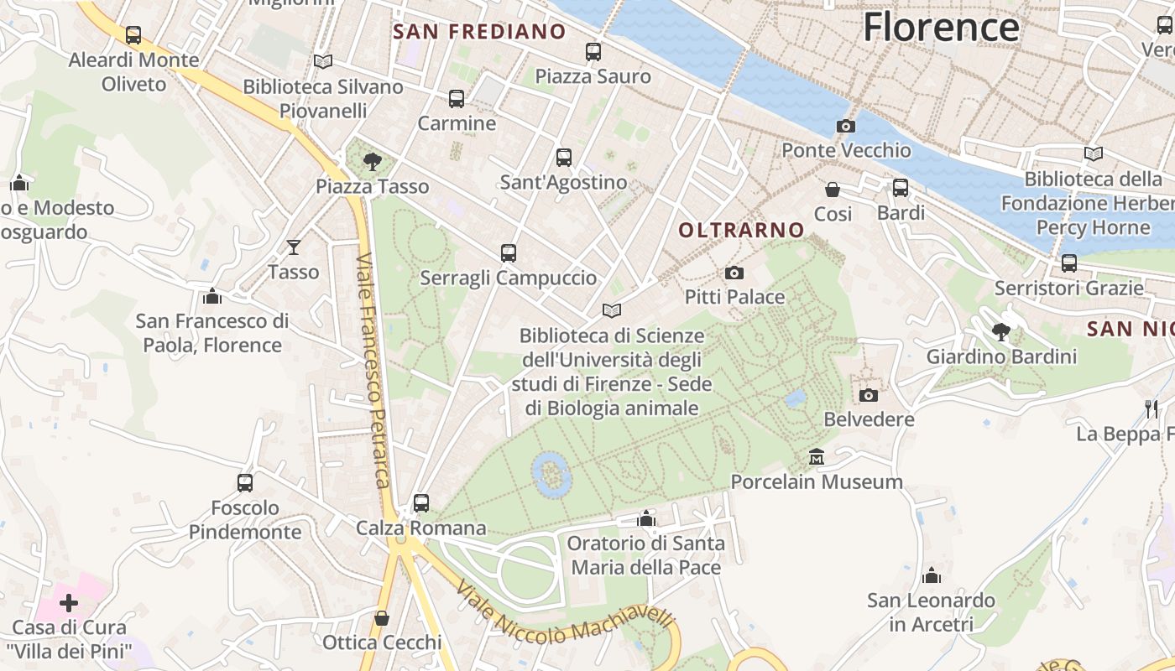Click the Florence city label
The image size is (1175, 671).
coord(941,27)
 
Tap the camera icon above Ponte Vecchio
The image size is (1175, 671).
coord(846,127)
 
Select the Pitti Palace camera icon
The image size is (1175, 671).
coord(734,273)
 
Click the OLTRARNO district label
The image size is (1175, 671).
coord(741,230)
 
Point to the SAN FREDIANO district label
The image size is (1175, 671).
coord(479,32)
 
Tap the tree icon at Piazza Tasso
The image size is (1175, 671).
coord(372,162)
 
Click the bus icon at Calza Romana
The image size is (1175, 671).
coord(421,503)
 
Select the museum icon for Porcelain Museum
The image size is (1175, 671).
coord(817,458)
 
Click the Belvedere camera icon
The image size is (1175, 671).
coord(869,395)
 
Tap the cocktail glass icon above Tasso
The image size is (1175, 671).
coord(294,247)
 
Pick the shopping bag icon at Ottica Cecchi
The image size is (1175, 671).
coord(382,618)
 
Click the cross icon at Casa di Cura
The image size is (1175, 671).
coord(69,602)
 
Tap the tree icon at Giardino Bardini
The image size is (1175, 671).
coord(1000,332)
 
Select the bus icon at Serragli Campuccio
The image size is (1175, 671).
coord(508,253)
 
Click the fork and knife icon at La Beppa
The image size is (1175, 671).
coord(1151,409)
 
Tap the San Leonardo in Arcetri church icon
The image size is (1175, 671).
coord(931,576)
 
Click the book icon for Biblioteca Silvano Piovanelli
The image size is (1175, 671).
coord(323,61)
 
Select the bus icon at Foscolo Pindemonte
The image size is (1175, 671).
coord(245,483)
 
